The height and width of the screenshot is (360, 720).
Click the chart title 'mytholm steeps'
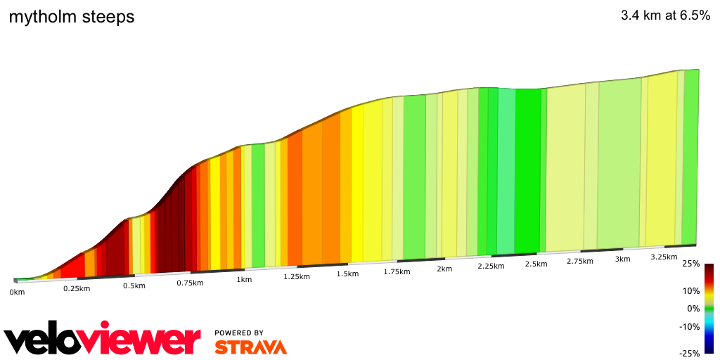(71, 17)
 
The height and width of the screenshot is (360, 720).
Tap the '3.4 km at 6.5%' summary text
(665, 16)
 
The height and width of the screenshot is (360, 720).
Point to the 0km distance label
(17, 292)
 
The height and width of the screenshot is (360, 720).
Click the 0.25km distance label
(76, 288)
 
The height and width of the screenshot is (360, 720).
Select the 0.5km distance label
(134, 285)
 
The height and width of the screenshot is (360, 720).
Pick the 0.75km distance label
(190, 283)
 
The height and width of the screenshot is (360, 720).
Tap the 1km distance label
(244, 280)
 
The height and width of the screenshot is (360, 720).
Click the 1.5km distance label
(347, 274)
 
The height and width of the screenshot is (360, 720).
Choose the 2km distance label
(444, 269)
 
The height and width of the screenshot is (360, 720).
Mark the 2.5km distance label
(536, 264)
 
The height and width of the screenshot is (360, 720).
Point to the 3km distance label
(622, 259)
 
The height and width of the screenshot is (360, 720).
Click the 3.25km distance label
(663, 257)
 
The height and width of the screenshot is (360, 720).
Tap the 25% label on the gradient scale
(690, 264)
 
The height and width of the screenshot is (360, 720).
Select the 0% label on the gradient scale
(693, 308)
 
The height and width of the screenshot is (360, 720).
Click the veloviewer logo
(103, 340)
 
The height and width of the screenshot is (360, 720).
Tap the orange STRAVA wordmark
(250, 347)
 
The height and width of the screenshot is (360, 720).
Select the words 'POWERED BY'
(239, 333)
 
